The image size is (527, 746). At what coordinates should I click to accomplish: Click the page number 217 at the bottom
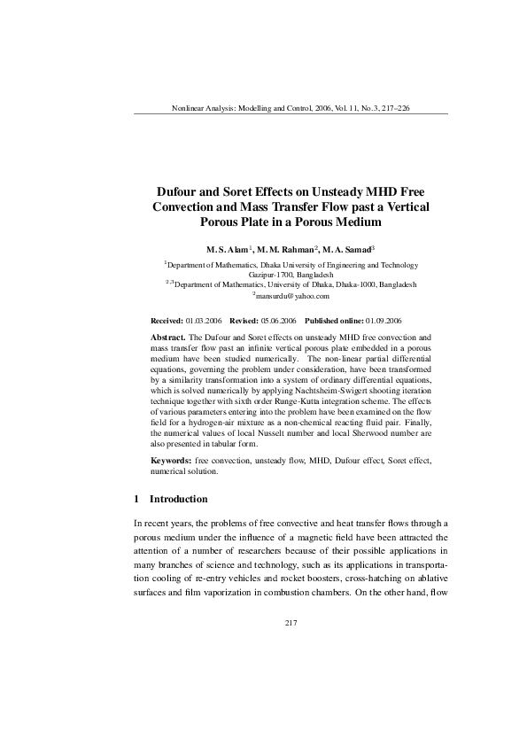pos(291,624)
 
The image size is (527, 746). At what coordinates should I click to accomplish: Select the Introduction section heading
pos(178,499)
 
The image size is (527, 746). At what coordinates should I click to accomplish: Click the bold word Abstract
pos(167,338)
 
